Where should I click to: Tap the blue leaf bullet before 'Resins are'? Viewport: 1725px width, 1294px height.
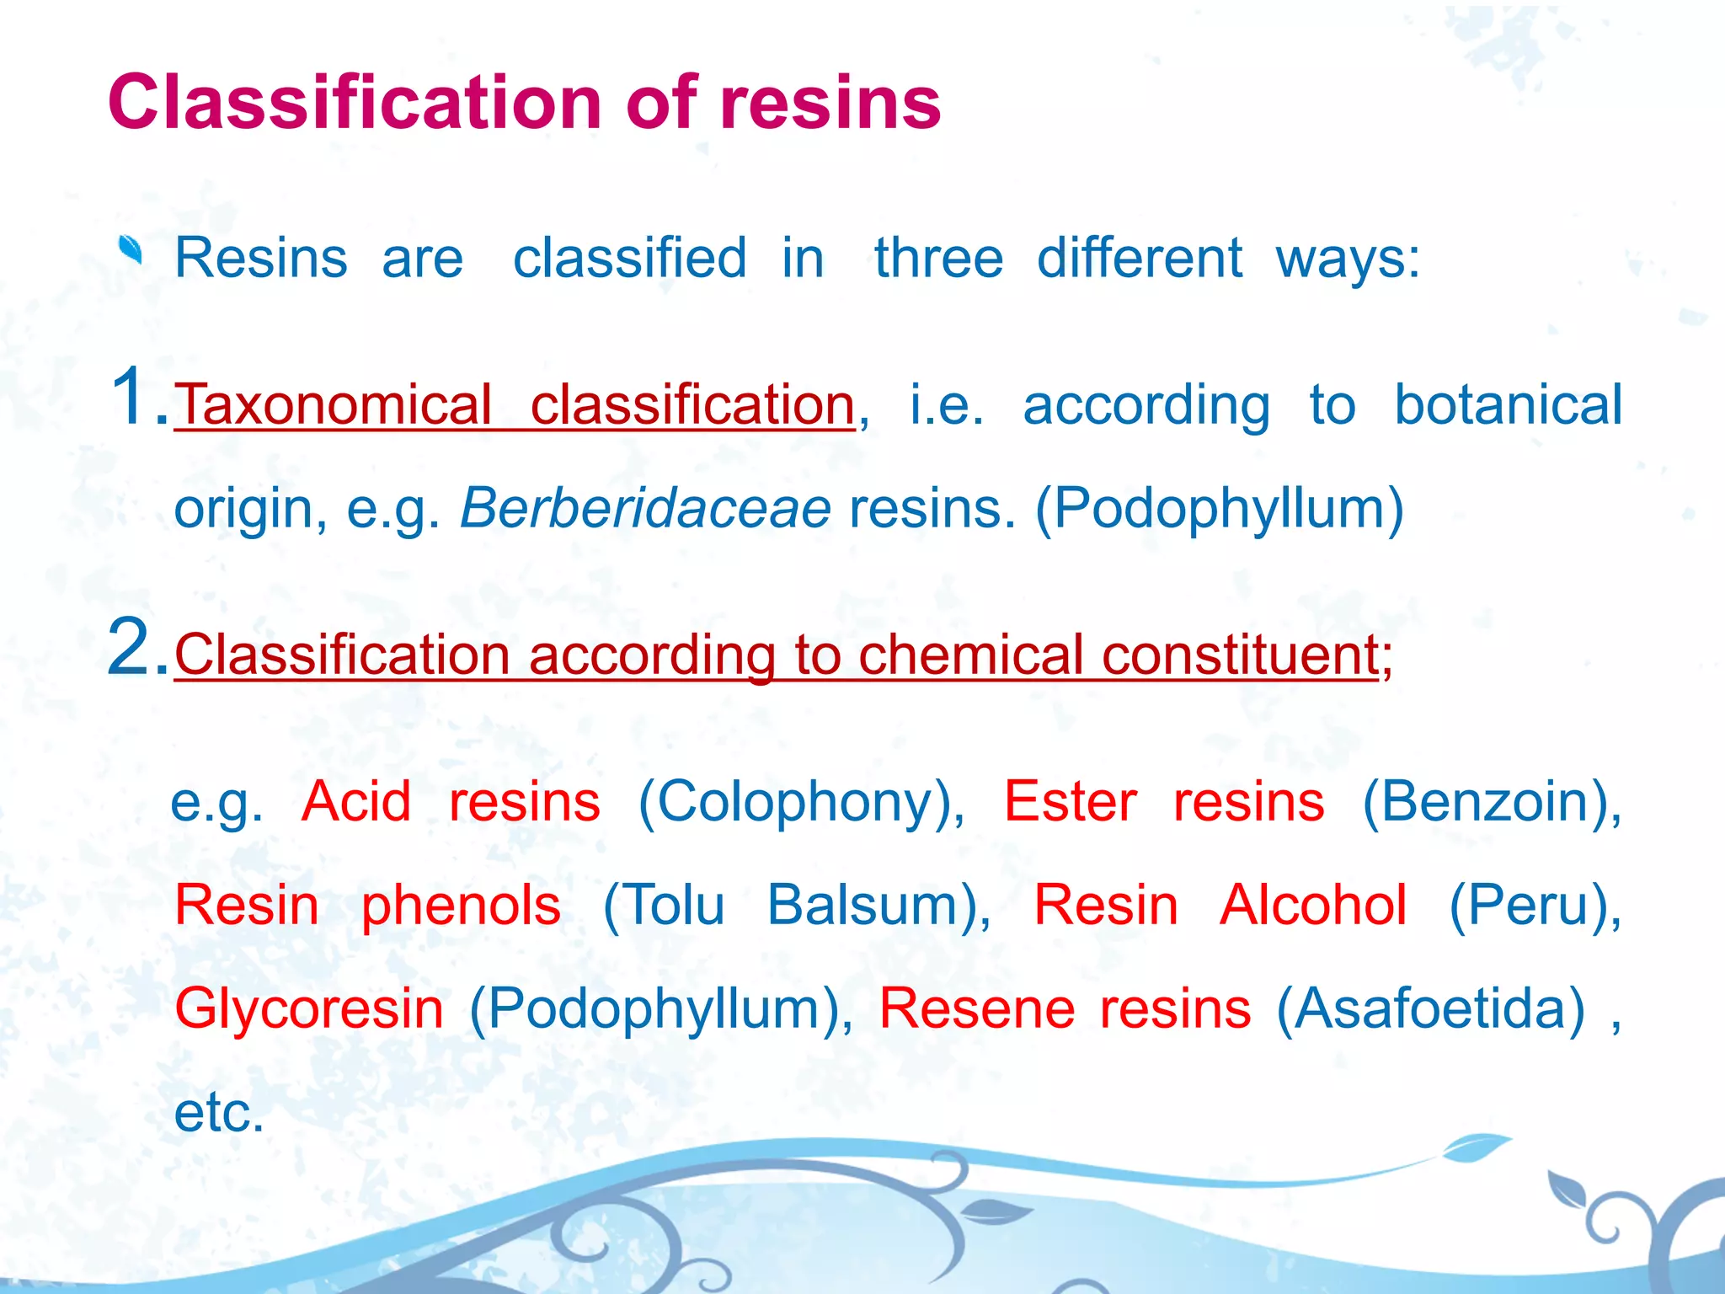(x=131, y=250)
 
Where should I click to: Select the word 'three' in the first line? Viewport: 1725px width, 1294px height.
(x=938, y=258)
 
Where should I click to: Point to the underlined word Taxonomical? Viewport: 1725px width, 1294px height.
(x=334, y=405)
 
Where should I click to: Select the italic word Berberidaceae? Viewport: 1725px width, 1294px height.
(x=645, y=509)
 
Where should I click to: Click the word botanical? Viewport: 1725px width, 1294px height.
(x=1508, y=405)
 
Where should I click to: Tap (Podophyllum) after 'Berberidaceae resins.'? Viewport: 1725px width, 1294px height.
(x=1219, y=509)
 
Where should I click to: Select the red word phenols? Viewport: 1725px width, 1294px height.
(x=461, y=906)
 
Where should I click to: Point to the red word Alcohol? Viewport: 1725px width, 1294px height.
(x=1312, y=906)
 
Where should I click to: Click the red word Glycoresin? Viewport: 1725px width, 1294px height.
(x=309, y=1009)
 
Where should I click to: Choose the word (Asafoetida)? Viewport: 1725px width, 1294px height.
(x=1430, y=1009)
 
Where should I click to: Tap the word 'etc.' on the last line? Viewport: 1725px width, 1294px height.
(x=219, y=1113)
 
